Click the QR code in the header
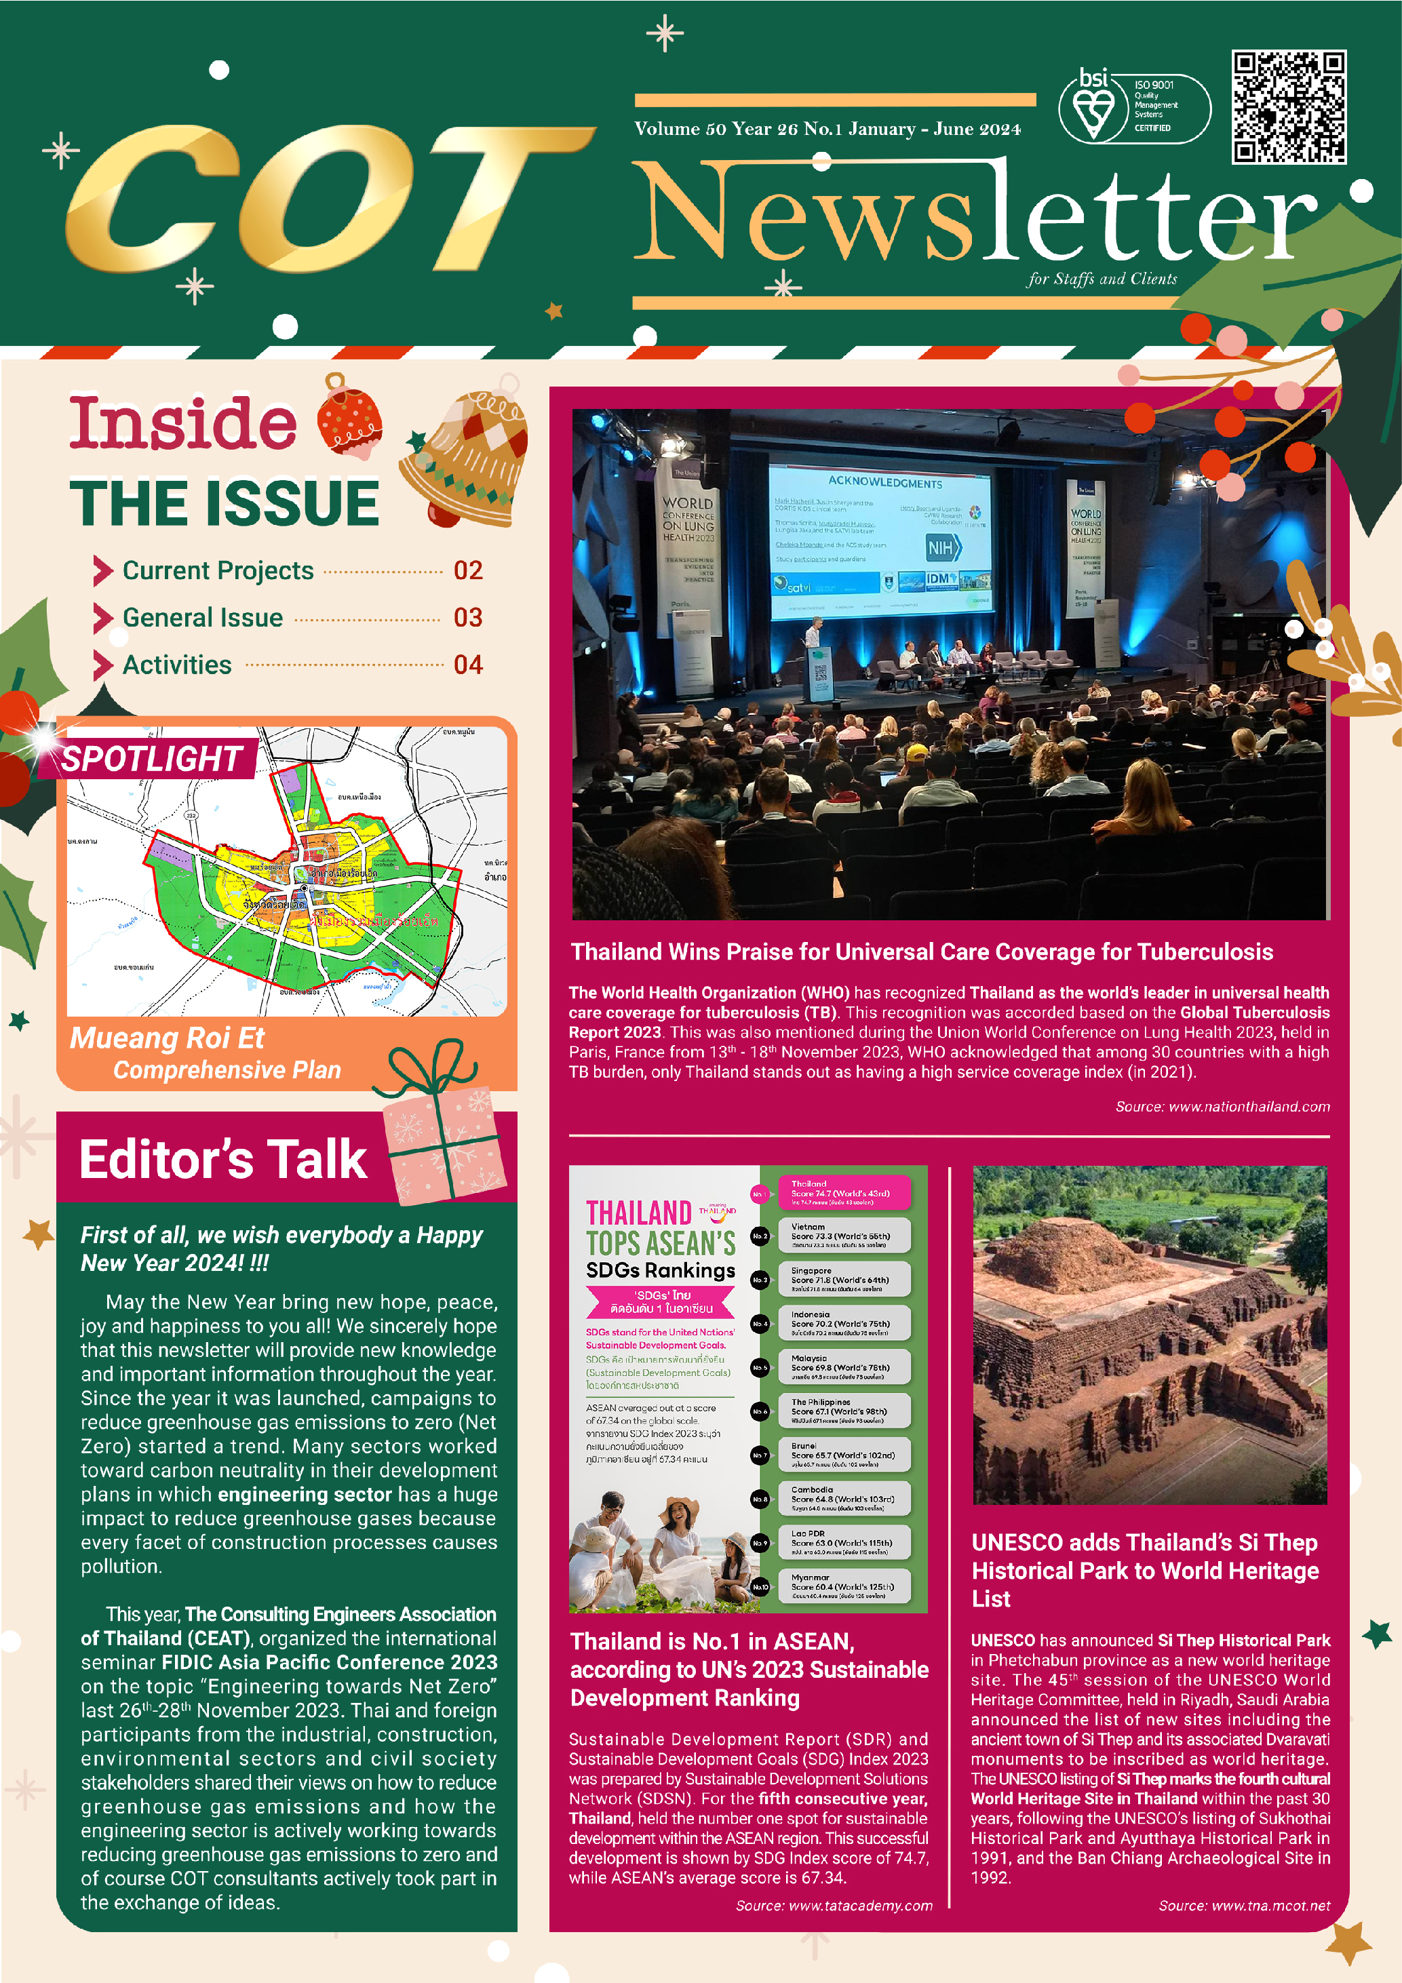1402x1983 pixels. [1288, 107]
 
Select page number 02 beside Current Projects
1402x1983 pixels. [467, 571]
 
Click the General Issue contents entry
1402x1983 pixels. [203, 618]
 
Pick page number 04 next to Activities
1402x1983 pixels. [467, 665]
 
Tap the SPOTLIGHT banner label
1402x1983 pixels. [151, 759]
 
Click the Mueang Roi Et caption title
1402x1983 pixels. [167, 1038]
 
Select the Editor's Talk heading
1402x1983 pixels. [223, 1159]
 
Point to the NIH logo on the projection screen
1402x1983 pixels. [942, 547]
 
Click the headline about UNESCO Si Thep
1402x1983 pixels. [1144, 1570]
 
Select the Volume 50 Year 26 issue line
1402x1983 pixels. [827, 130]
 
